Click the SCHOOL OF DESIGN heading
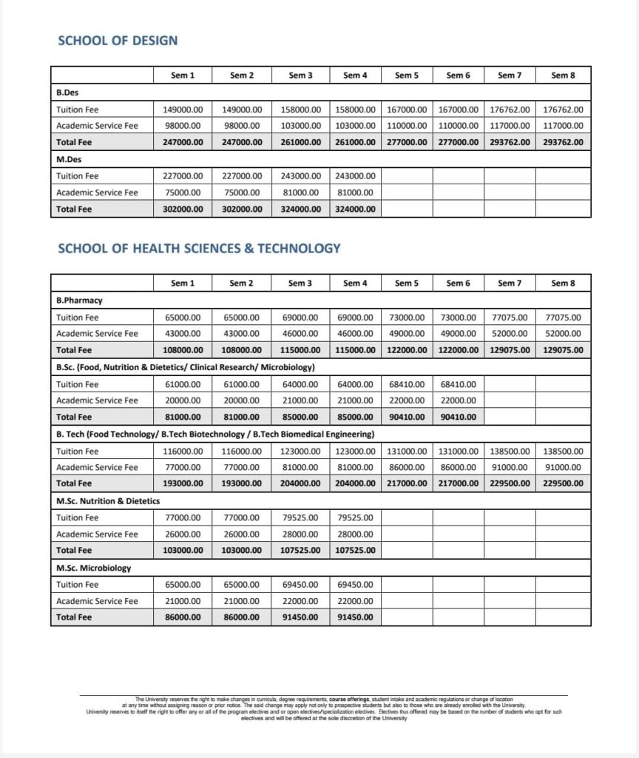pos(118,40)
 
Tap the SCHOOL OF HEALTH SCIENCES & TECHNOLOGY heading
pos(199,248)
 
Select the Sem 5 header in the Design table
pos(406,75)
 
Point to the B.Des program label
pos(67,93)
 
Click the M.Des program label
pos(68,160)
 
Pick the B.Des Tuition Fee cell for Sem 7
pos(510,110)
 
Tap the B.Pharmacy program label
pos(79,301)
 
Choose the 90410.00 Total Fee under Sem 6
pos(458,417)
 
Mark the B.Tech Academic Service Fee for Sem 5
pos(406,467)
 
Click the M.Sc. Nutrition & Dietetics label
pos(108,501)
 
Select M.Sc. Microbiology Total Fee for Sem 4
pos(355,617)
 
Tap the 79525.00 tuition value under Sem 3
pos(300,517)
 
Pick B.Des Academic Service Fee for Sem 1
pos(183,126)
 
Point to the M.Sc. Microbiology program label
pos(93,568)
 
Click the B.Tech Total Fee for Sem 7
pos(510,483)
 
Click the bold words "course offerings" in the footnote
pos(349,699)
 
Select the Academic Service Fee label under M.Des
pos(97,192)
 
